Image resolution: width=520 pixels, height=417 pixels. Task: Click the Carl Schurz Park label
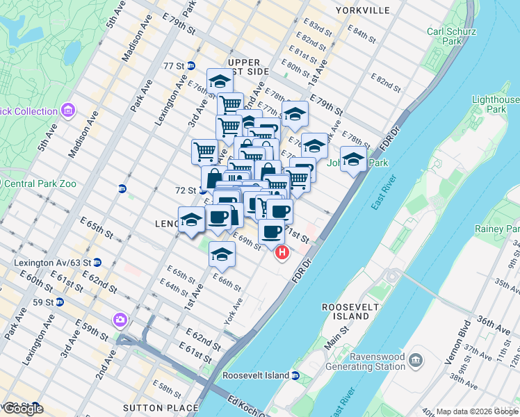[446, 36]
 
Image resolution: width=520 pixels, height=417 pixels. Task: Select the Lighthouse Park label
[496, 104]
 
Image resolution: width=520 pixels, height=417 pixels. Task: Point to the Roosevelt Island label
[346, 311]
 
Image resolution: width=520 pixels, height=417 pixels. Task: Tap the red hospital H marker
[282, 253]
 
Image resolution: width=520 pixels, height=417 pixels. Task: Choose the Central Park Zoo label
[44, 184]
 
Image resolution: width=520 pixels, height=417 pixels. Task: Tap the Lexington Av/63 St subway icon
[97, 263]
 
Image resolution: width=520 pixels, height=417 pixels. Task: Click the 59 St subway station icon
[60, 302]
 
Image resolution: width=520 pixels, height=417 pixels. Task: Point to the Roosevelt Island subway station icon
[295, 375]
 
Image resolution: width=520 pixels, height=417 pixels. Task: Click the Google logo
[24, 408]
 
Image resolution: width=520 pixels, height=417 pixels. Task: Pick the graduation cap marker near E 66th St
[222, 254]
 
